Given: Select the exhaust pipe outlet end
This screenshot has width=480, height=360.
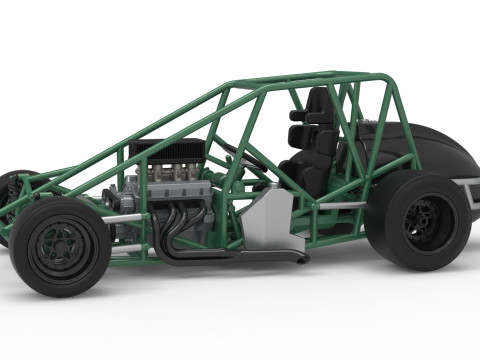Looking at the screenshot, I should click(x=300, y=258).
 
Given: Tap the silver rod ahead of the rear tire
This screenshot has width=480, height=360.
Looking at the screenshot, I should click(x=340, y=205).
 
